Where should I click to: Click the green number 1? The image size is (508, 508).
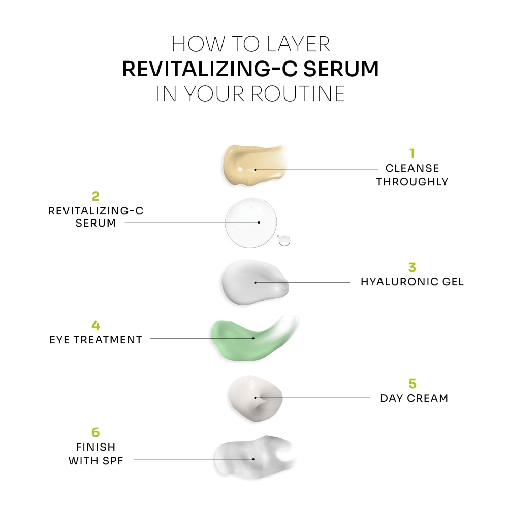click(412, 153)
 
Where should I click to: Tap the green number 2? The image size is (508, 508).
click(95, 196)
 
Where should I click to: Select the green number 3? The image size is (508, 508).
click(412, 267)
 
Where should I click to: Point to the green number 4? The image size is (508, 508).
click(96, 325)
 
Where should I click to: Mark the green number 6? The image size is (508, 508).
click(96, 432)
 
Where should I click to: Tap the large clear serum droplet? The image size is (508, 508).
click(251, 223)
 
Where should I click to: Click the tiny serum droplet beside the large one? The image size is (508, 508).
click(284, 240)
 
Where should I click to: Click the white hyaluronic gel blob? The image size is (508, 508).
click(251, 283)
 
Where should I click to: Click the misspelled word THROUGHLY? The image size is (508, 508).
click(412, 182)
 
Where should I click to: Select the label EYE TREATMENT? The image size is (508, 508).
click(96, 339)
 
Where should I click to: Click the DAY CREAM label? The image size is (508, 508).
click(414, 398)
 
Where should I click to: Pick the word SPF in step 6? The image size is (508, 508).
click(112, 461)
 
